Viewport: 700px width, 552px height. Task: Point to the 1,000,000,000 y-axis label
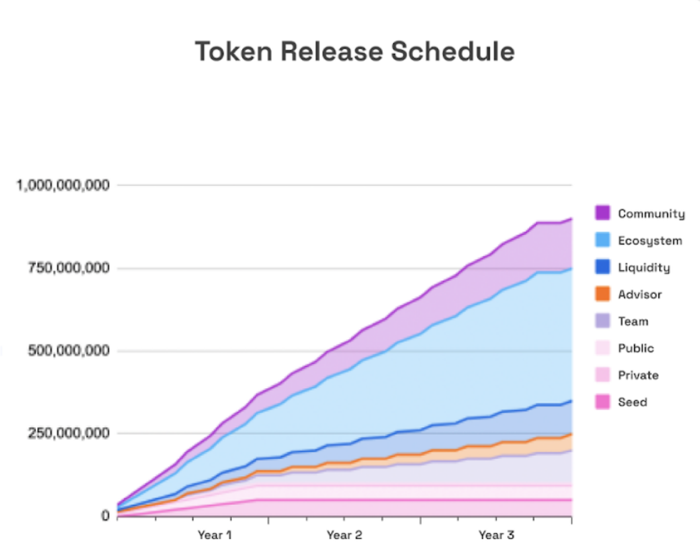[64, 185]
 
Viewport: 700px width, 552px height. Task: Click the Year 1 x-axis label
[214, 535]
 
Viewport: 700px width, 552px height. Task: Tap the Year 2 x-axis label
[344, 535]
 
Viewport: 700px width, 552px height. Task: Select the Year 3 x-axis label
[496, 535]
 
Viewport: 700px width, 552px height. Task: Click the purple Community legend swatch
[603, 213]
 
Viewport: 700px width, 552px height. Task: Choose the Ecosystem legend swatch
[603, 240]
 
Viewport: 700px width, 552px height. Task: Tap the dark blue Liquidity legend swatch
[603, 268]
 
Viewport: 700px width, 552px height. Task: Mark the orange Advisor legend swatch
[603, 294]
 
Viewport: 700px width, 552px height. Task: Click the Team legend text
[633, 321]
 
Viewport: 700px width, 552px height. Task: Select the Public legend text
[636, 348]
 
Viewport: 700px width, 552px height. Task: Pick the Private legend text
[638, 375]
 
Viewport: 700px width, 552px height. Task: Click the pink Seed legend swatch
[603, 402]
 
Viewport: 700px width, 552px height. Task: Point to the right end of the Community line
[571, 219]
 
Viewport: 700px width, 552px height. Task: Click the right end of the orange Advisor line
[571, 434]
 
